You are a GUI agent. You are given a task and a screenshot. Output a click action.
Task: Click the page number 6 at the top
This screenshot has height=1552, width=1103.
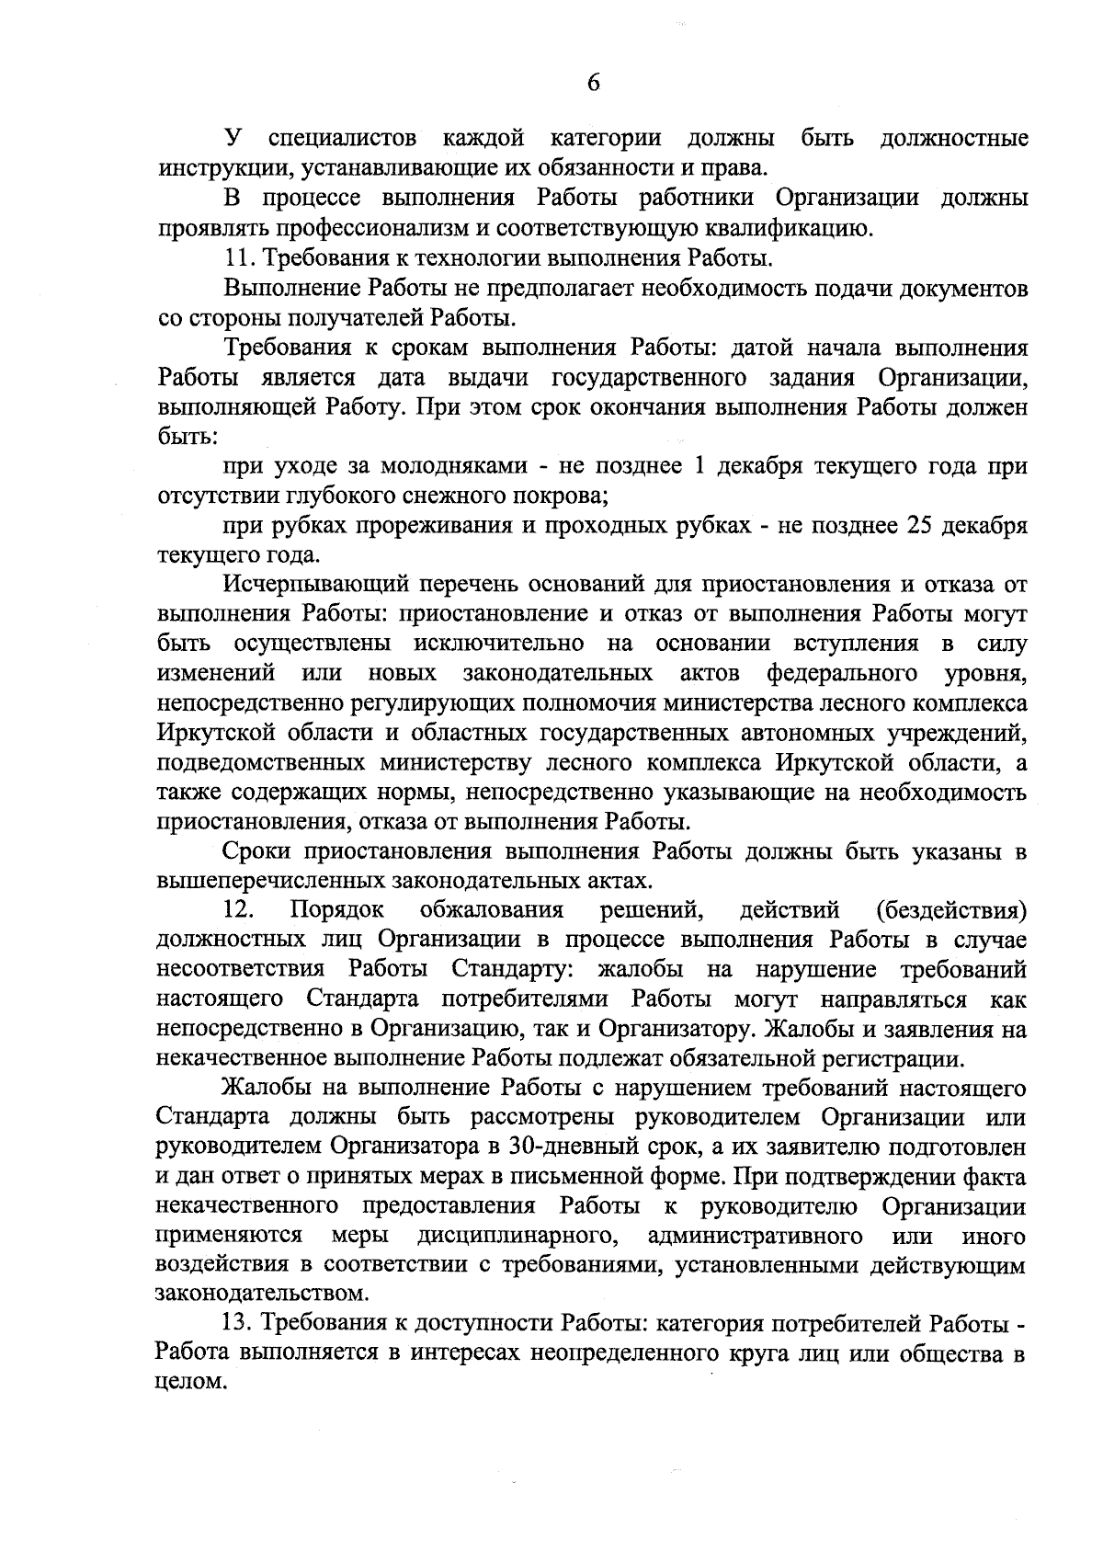593,83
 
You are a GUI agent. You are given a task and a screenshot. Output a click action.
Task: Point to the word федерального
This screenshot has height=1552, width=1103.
842,673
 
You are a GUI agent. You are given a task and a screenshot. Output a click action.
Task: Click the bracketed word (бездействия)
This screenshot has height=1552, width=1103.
951,911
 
